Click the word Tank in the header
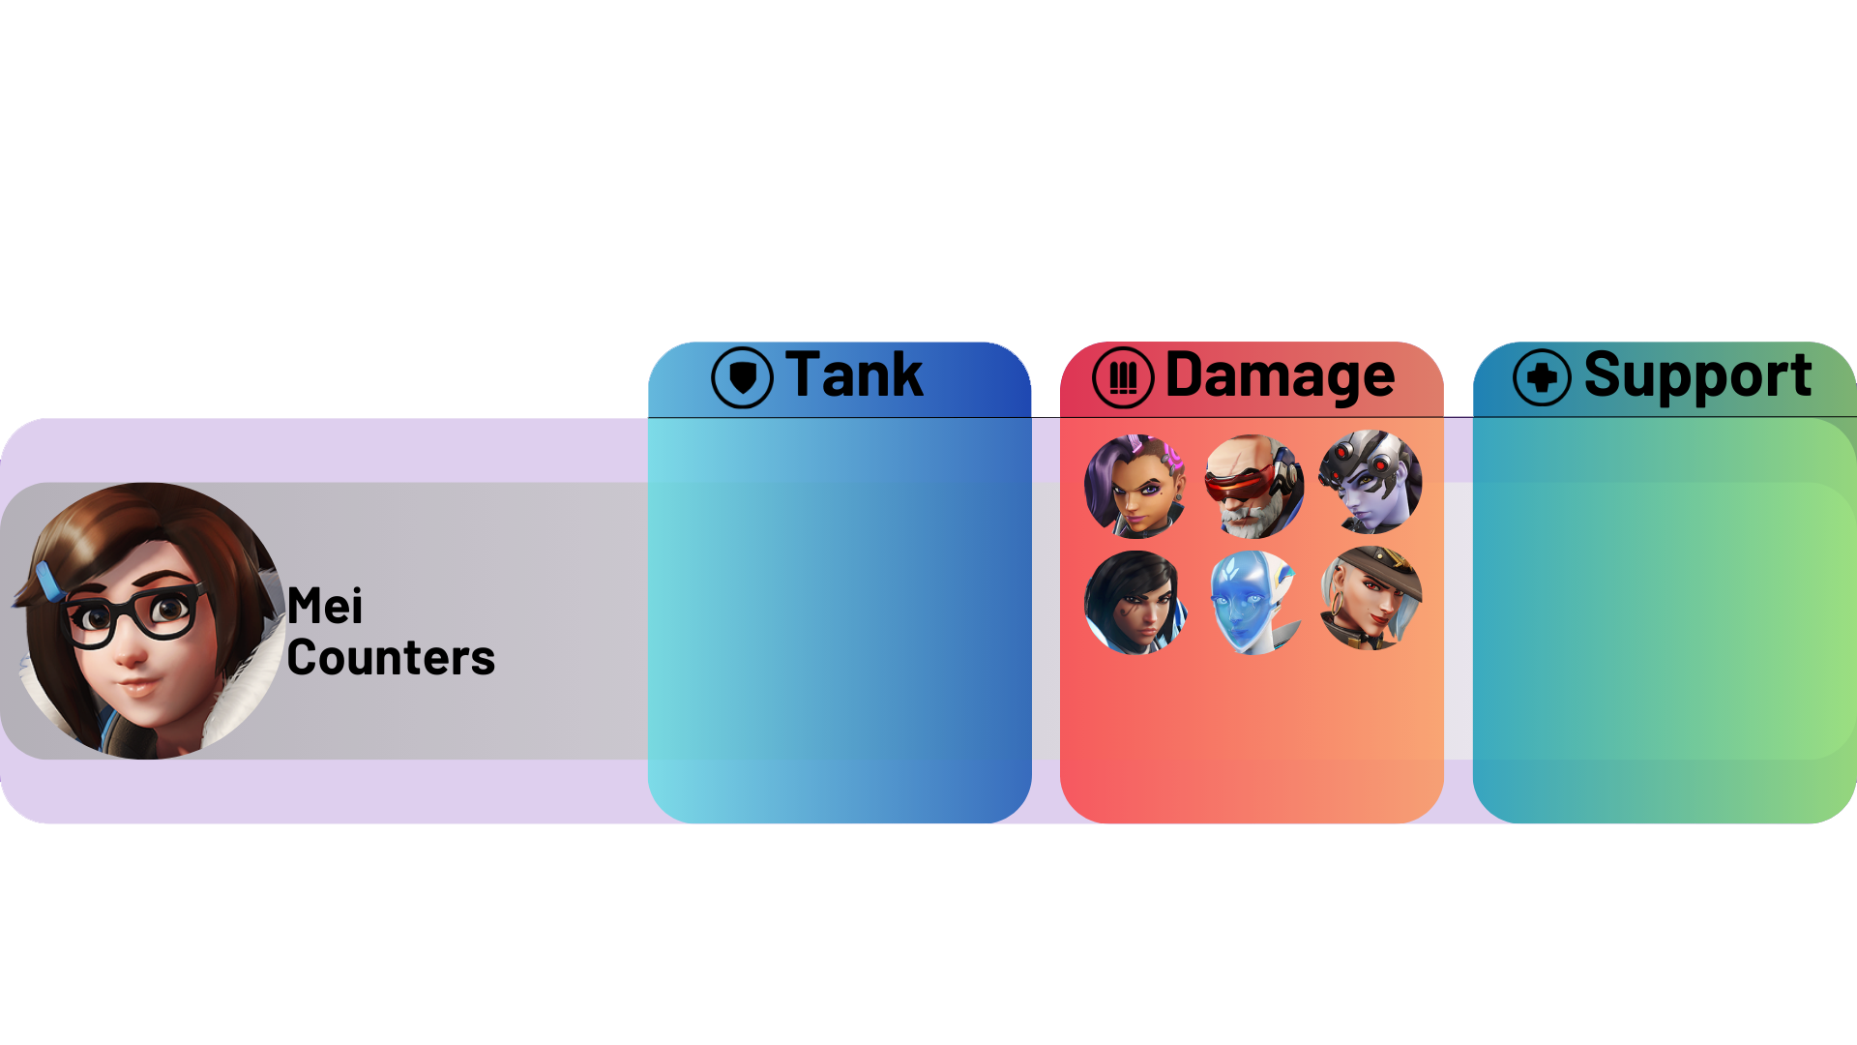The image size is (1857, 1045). point(854,375)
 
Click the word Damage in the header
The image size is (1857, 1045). point(1280,375)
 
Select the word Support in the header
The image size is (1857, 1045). point(1697,375)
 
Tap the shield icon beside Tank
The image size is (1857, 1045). point(742,377)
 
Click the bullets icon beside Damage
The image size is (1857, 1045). point(1123,377)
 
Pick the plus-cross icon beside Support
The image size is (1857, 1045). point(1542,377)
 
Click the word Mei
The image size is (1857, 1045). point(325,607)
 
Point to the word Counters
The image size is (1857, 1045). point(391,658)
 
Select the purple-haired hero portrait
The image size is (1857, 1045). point(1135,486)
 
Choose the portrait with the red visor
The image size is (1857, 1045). point(1253,486)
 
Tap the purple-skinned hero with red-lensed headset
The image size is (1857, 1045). point(1371,482)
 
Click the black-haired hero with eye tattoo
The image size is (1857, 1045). point(1135,602)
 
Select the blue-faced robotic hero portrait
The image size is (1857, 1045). point(1253,602)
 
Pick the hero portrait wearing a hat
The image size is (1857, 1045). point(1371,598)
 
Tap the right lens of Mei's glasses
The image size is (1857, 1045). point(170,610)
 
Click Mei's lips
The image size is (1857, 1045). point(138,687)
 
